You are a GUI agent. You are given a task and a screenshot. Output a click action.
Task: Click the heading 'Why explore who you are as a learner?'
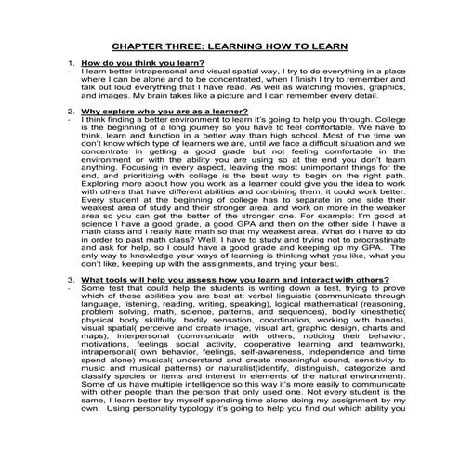(152, 111)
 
